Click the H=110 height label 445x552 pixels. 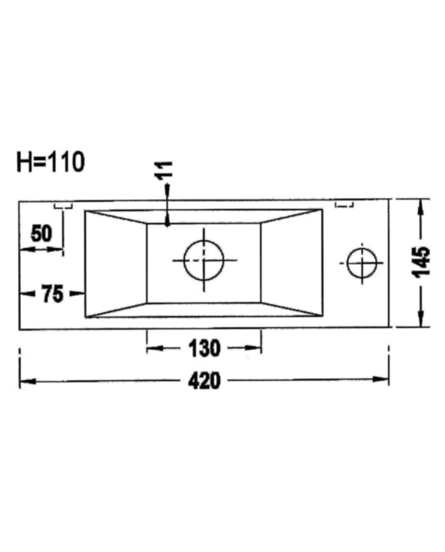tap(50, 163)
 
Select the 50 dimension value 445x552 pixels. tap(41, 234)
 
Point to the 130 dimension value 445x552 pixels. tap(204, 348)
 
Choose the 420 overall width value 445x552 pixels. tap(204, 380)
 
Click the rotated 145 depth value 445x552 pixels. tap(421, 262)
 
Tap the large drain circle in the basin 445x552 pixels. tap(204, 260)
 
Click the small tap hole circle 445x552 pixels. tap(362, 262)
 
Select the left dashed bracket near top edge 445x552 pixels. tap(64, 206)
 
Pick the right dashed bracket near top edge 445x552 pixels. tap(344, 205)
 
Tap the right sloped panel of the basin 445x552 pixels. tap(291, 263)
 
